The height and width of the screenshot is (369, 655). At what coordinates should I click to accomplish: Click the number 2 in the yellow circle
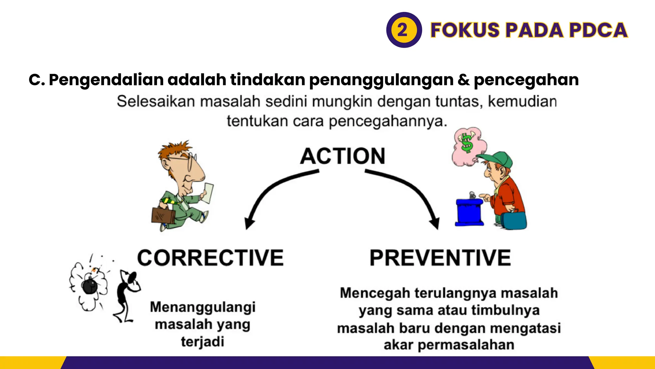[402, 30]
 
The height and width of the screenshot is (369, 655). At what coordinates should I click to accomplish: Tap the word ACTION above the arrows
[343, 156]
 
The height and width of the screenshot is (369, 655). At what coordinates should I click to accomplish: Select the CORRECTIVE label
[210, 258]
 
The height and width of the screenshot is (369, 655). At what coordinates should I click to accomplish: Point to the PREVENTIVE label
[440, 258]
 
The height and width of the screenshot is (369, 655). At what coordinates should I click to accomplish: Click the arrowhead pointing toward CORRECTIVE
[249, 223]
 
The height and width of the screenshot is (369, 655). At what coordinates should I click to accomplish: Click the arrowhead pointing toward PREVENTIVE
[435, 223]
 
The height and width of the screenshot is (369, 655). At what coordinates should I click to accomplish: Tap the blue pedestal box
[469, 212]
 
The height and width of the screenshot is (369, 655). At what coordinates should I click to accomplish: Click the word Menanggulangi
[203, 307]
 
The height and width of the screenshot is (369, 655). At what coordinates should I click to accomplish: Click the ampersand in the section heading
[463, 80]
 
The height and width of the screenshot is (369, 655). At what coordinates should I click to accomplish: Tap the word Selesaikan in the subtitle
[156, 102]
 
